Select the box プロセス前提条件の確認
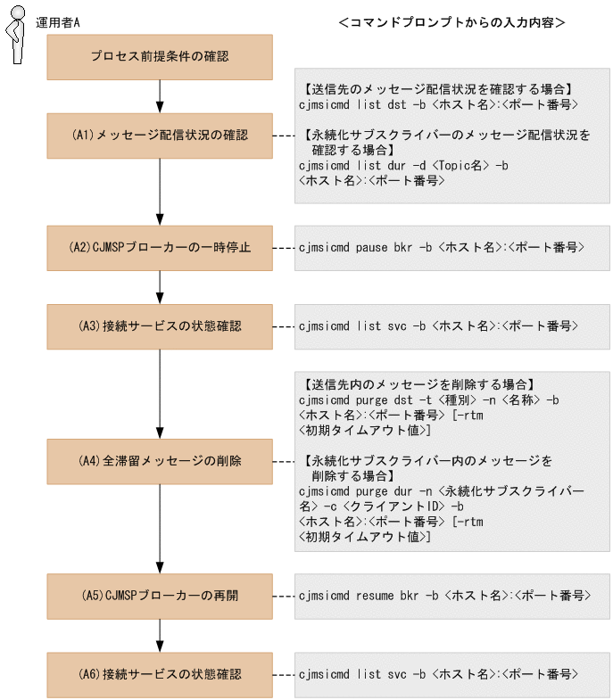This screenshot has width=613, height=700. click(160, 57)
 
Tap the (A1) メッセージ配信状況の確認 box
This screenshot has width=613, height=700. click(160, 136)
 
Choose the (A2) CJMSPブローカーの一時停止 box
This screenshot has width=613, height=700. click(160, 248)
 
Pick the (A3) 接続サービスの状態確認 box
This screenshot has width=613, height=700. click(160, 326)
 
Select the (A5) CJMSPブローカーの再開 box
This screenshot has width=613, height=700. click(160, 596)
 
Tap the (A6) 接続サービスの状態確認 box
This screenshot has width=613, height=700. click(160, 674)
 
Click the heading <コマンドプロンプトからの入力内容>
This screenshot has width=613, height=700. click(452, 21)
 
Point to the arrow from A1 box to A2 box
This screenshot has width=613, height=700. click(160, 192)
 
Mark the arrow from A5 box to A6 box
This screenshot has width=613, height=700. click(160, 635)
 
